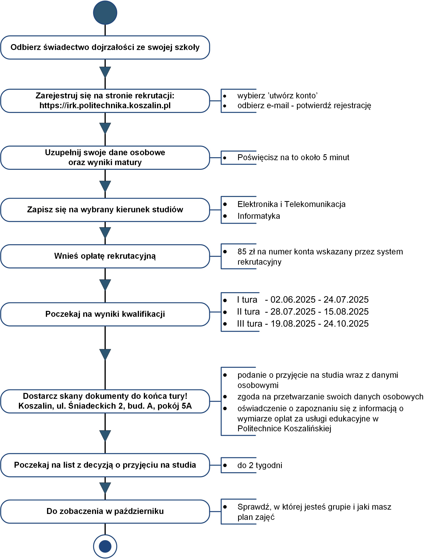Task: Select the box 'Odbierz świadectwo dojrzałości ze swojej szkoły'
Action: point(105,47)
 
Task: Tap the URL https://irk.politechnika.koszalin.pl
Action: point(105,105)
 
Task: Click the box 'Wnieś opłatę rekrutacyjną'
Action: point(105,256)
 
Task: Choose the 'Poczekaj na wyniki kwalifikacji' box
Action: point(105,314)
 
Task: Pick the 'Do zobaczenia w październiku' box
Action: point(105,511)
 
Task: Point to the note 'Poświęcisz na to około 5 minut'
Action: point(293,157)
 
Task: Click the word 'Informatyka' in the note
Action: point(259,216)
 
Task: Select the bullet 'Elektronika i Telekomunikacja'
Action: point(291,204)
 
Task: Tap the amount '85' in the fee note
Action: point(242,252)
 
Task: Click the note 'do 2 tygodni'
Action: point(260,465)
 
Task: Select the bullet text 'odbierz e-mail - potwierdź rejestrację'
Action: point(304,105)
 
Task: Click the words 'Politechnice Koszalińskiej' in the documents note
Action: point(284,429)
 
